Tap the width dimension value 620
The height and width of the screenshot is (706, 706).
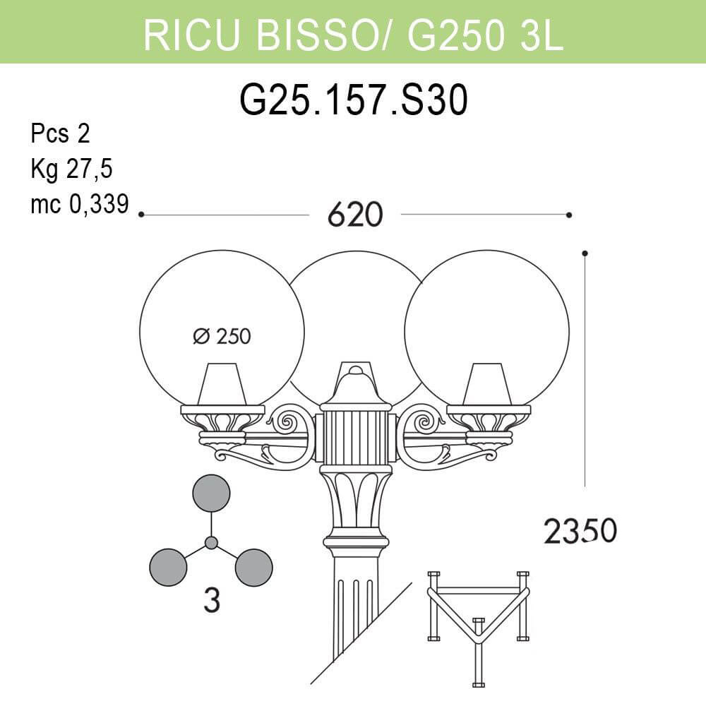click(x=354, y=215)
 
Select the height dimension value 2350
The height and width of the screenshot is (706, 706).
click(x=580, y=531)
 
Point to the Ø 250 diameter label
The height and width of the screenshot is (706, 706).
click(x=222, y=337)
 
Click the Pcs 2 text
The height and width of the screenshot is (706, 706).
click(x=60, y=133)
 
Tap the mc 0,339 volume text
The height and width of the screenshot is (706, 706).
click(x=80, y=204)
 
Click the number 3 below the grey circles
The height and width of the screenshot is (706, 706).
click(x=211, y=602)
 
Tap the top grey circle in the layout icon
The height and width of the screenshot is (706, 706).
click(x=211, y=493)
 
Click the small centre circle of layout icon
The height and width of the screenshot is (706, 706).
click(x=211, y=542)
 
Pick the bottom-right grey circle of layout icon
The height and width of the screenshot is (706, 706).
click(x=253, y=568)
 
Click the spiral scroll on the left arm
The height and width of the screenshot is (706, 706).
click(x=288, y=423)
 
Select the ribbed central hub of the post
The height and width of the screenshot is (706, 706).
click(x=355, y=438)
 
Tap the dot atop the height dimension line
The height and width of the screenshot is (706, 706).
click(x=585, y=253)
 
